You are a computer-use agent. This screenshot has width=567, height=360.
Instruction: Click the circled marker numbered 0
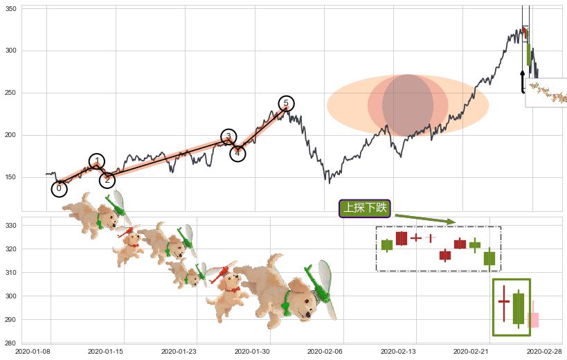click(59, 188)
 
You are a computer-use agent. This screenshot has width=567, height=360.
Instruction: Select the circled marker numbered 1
click(97, 162)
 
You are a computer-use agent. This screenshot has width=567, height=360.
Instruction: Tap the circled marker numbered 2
click(107, 180)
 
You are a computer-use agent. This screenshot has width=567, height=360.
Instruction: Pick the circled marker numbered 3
click(228, 136)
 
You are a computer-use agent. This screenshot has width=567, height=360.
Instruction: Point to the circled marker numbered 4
click(237, 153)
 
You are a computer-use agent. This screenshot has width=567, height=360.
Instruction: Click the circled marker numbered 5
click(286, 104)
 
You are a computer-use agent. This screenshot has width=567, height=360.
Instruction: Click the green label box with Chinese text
click(365, 208)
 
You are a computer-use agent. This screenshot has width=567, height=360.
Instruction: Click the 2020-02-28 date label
click(544, 352)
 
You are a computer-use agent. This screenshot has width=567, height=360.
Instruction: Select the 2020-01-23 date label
click(178, 352)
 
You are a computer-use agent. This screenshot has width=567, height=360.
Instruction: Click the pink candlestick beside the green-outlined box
click(533, 320)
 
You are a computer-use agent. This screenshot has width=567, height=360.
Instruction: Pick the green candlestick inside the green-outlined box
click(519, 308)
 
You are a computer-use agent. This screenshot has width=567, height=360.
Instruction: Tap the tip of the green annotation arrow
click(455, 222)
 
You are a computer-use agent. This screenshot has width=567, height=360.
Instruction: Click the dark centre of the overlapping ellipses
click(408, 105)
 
